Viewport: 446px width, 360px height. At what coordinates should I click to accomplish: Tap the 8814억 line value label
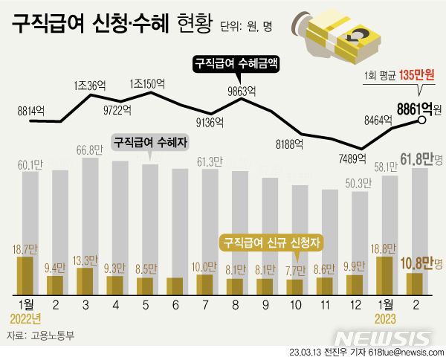point(30,111)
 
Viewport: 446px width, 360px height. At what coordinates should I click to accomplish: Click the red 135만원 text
point(416,75)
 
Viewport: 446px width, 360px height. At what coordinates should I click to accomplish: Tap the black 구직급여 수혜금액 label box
point(236,63)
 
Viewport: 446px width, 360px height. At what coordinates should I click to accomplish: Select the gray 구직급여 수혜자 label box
point(149,141)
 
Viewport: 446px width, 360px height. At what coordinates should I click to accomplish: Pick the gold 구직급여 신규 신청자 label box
point(274,242)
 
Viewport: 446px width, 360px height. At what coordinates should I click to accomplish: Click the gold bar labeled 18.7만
point(25,276)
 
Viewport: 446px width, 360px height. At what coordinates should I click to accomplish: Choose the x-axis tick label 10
point(295,304)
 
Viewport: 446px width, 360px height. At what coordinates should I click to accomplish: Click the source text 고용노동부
point(55,336)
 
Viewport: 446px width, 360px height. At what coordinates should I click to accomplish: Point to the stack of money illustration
point(339,37)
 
